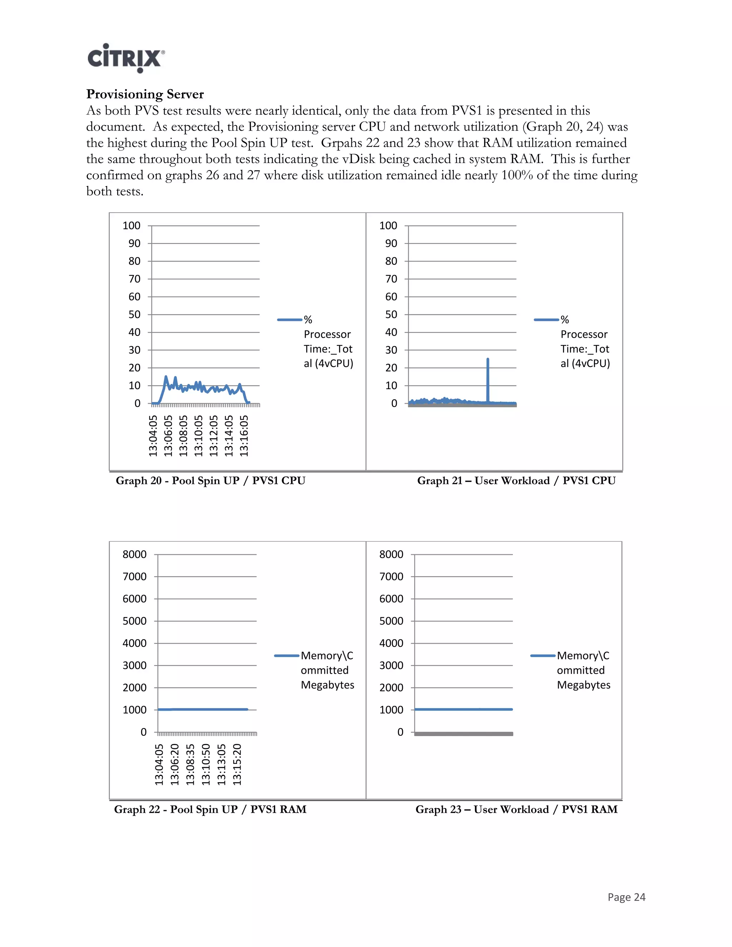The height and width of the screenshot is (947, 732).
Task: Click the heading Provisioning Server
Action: point(145,94)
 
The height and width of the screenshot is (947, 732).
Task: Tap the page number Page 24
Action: point(626,897)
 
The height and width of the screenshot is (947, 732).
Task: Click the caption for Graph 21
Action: point(516,480)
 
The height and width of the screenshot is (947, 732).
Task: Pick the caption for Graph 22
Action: point(210,809)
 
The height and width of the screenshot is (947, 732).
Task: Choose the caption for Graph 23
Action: point(516,809)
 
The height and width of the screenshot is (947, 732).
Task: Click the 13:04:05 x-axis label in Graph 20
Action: point(153,435)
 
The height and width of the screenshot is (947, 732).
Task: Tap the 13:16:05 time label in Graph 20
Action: point(244,435)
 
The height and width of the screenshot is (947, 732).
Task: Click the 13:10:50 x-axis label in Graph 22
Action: point(206,764)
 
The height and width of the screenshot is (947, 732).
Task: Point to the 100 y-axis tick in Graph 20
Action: point(132,225)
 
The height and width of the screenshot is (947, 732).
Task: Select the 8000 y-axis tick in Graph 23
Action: point(391,554)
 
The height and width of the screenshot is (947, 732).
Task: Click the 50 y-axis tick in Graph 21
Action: point(391,314)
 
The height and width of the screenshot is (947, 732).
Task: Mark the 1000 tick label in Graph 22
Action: point(134,710)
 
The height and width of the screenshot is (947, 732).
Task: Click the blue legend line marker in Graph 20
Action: point(289,320)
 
